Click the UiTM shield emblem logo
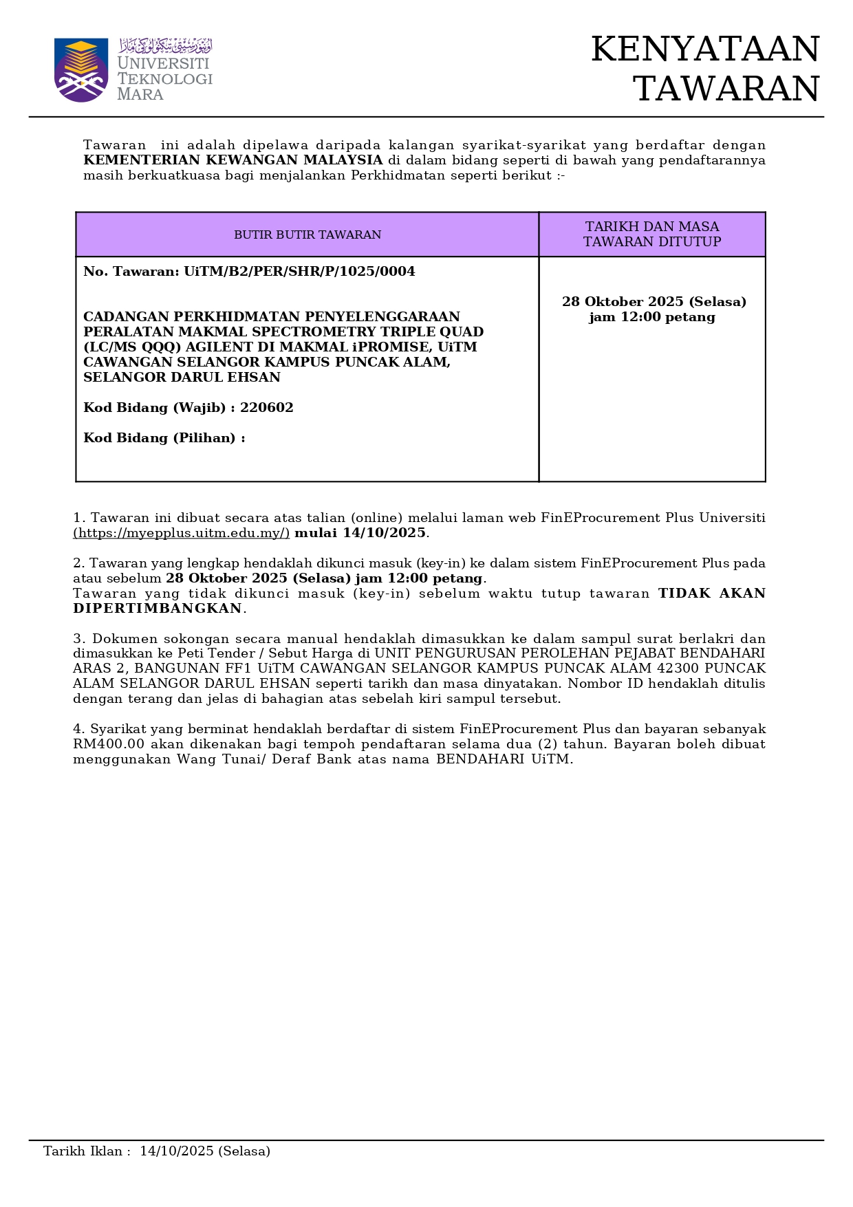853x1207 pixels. point(81,69)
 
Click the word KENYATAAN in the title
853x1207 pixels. point(705,50)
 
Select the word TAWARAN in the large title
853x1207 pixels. point(726,89)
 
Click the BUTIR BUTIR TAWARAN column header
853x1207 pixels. point(307,235)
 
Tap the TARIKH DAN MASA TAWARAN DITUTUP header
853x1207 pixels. point(652,235)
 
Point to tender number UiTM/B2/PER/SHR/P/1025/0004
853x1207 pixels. point(299,272)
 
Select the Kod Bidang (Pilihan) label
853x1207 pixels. point(164,438)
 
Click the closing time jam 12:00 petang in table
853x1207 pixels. point(652,317)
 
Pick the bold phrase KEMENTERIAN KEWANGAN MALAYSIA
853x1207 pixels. point(233,160)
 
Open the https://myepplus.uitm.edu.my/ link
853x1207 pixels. point(182,533)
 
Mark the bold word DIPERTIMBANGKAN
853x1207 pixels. point(158,609)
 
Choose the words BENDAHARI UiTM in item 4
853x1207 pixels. point(504,759)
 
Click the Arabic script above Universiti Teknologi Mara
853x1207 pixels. point(166,46)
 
